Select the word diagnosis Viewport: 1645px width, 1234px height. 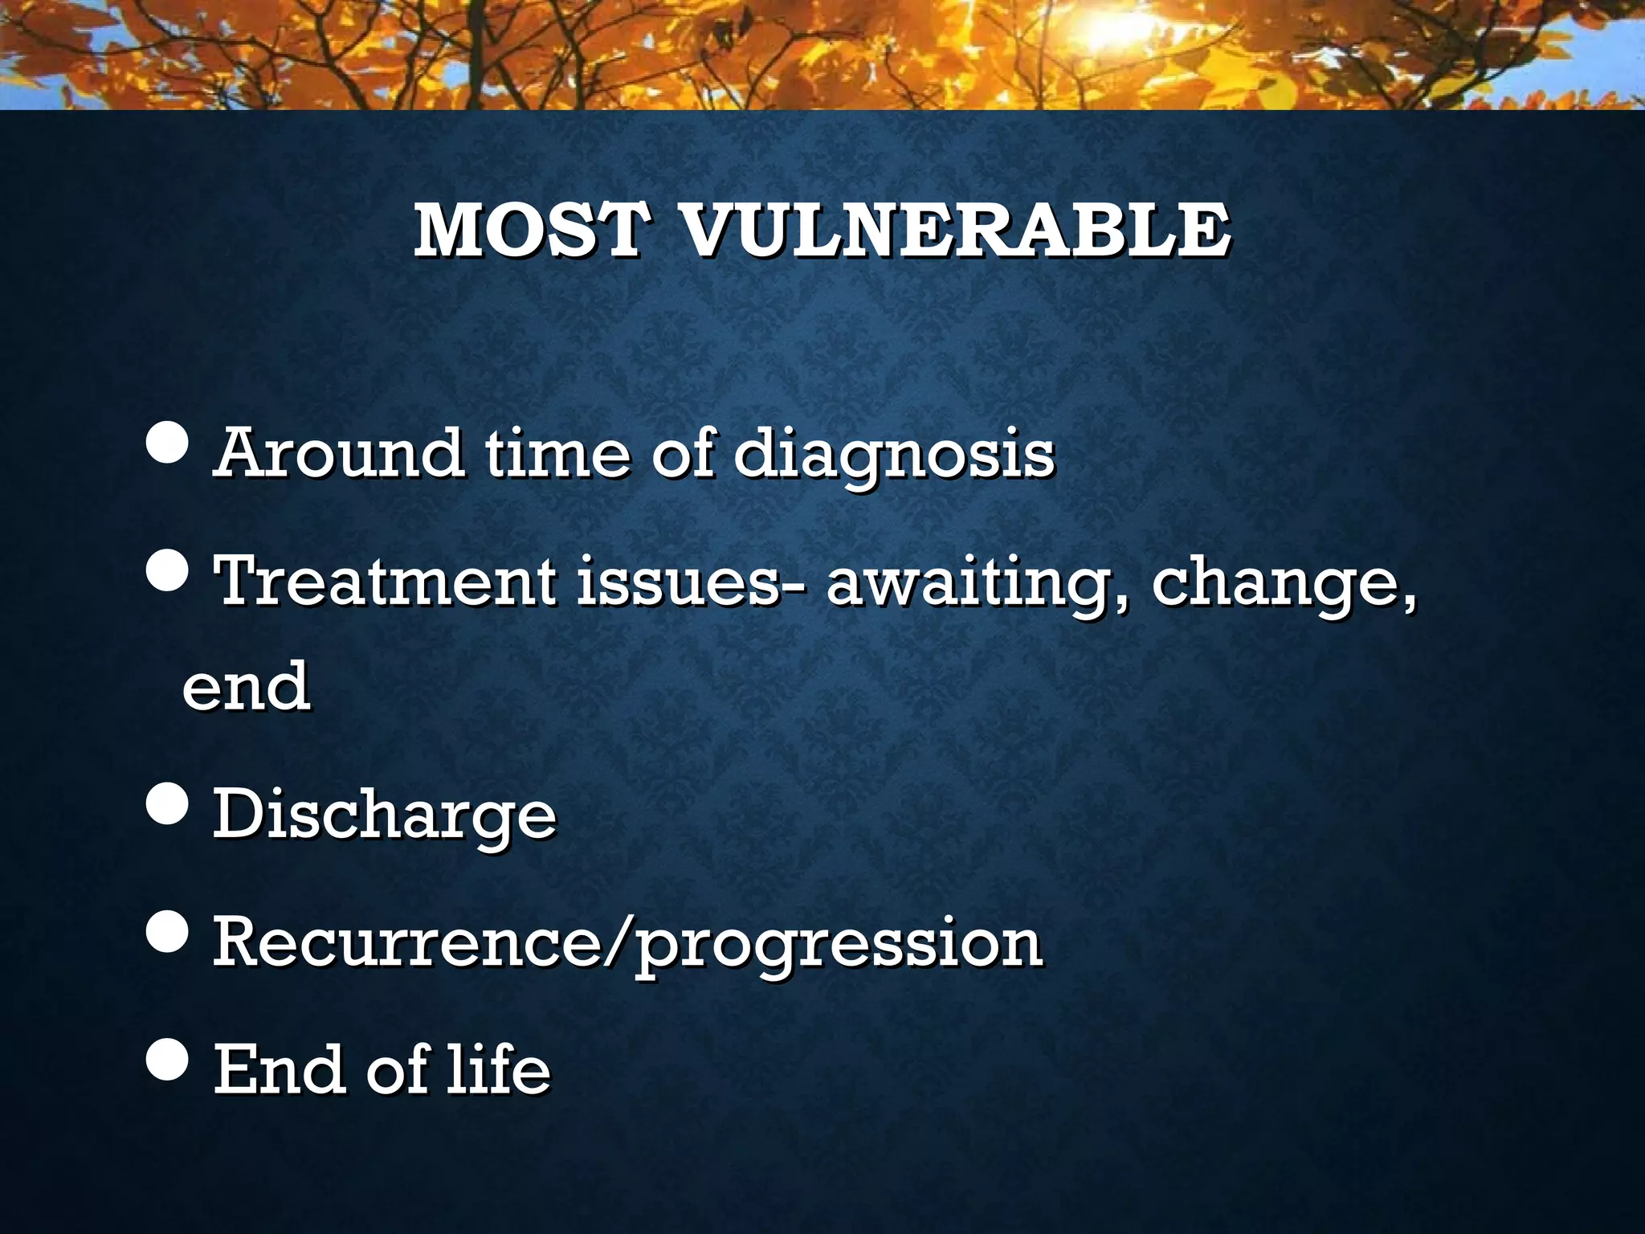pyautogui.click(x=894, y=455)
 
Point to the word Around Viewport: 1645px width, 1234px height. pyautogui.click(x=338, y=453)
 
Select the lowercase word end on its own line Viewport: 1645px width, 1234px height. pyautogui.click(x=246, y=686)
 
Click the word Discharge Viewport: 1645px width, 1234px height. pyautogui.click(x=384, y=815)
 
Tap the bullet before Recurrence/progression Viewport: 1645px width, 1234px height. pyautogui.click(x=168, y=932)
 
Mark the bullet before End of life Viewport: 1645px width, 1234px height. pyautogui.click(x=168, y=1060)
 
